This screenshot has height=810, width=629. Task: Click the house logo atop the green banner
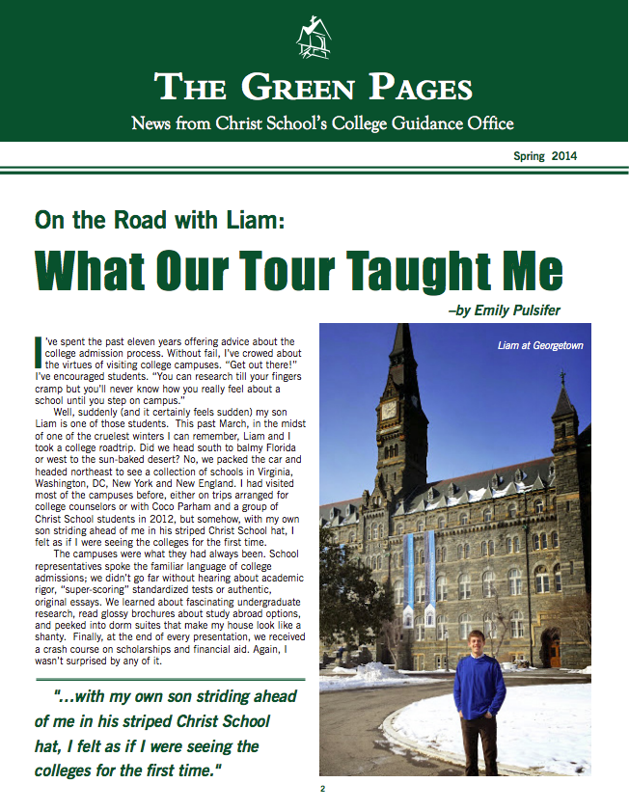pos(313,39)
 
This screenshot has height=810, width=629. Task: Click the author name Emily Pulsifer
pos(517,310)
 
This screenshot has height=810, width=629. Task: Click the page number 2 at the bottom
pos(322,789)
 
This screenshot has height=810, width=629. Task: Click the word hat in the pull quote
pos(49,746)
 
